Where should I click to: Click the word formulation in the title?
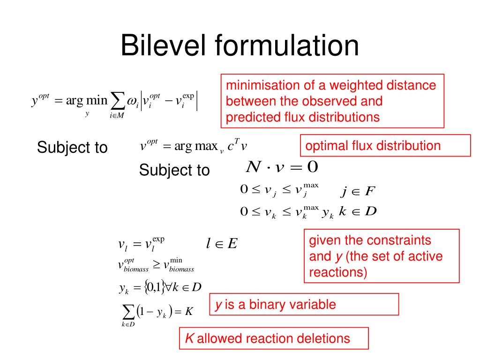coord(287,46)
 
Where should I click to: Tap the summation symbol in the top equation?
coord(116,100)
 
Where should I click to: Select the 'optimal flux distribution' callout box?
coord(385,145)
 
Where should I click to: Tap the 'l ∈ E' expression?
coord(222,243)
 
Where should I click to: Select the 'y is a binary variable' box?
coord(304,305)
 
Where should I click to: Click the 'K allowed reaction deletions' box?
coord(274,338)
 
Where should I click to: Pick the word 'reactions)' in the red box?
coord(338,272)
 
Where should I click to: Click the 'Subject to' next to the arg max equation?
coord(72,148)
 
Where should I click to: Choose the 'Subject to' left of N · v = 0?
coord(174,170)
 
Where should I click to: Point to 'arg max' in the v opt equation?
coord(195,146)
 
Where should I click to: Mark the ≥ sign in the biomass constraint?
coord(157,265)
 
